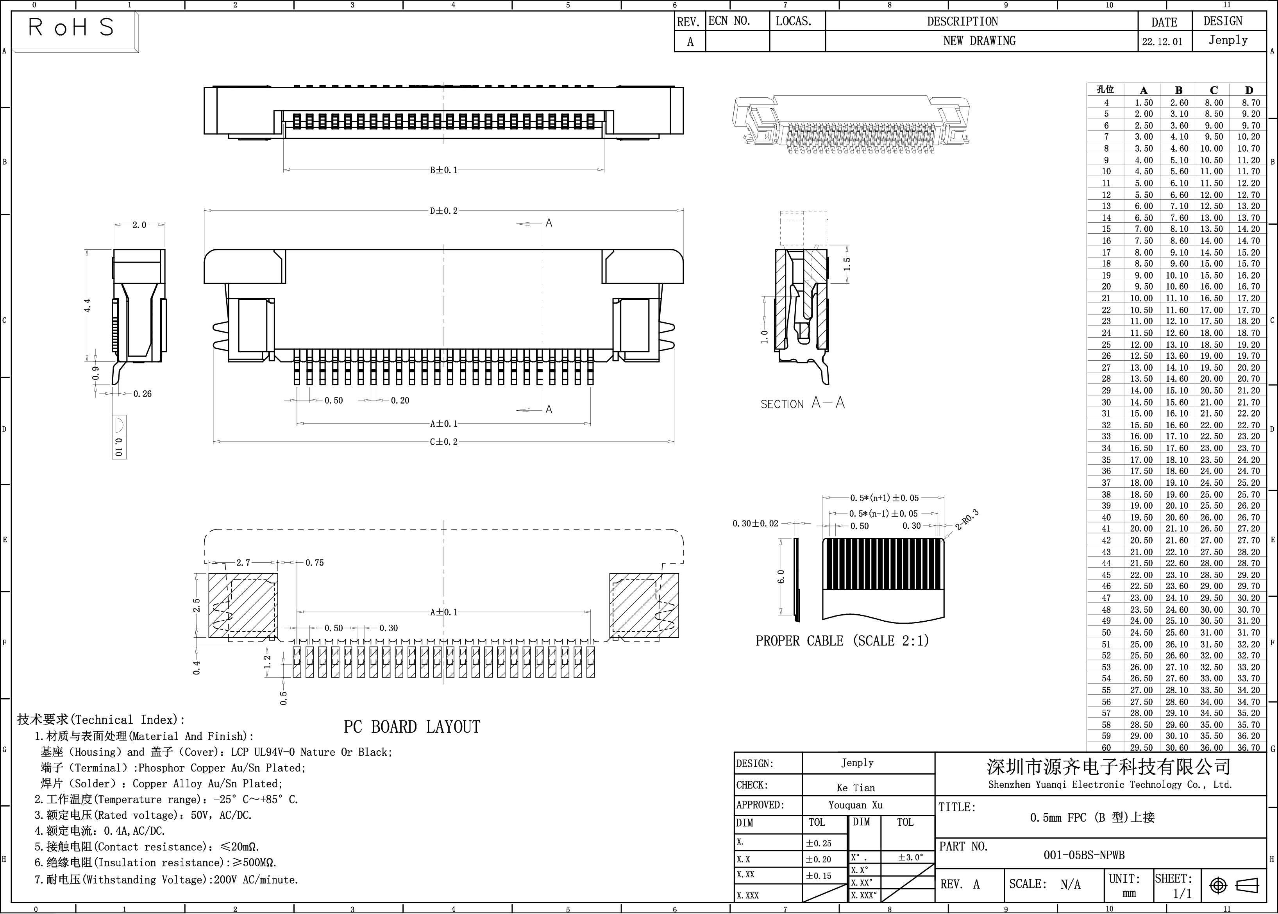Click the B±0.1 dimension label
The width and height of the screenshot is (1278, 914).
tap(444, 170)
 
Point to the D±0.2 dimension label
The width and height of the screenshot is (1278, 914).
tap(444, 211)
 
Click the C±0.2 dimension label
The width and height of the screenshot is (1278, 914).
tap(444, 442)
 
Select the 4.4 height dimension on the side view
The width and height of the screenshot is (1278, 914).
tap(87, 306)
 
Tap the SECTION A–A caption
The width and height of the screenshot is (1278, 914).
tap(803, 403)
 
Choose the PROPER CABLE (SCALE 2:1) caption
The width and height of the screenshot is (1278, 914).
tap(842, 640)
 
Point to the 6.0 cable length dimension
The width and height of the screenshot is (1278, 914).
tap(781, 577)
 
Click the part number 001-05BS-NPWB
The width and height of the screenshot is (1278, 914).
tap(1084, 855)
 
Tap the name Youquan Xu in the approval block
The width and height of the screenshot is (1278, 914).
tap(855, 805)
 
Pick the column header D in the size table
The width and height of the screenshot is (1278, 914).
tap(1249, 90)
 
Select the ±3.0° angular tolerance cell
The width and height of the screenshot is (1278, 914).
tap(910, 858)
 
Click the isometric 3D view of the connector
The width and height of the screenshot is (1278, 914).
tap(851, 124)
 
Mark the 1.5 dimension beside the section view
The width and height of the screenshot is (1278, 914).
tap(847, 263)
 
